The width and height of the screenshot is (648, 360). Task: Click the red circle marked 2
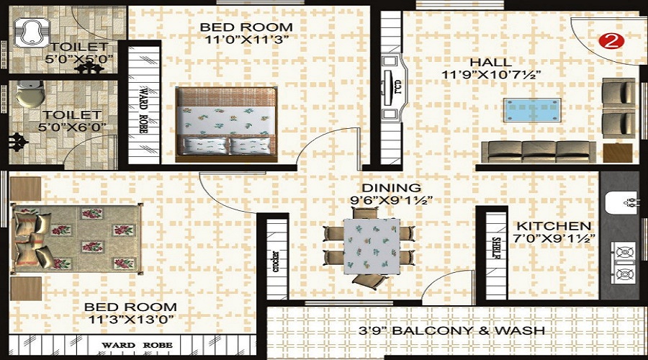click(x=611, y=40)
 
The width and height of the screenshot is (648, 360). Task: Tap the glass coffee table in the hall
click(x=532, y=110)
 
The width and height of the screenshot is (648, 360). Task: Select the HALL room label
click(x=491, y=63)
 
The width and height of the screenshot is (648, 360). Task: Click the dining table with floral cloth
click(x=372, y=246)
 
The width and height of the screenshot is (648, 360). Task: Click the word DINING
click(x=392, y=188)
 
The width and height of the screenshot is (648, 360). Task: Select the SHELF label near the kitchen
click(x=496, y=248)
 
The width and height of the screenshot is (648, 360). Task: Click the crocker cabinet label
click(x=276, y=261)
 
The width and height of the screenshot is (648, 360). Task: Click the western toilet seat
click(x=30, y=94)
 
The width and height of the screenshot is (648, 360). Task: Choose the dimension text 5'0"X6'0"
click(x=72, y=127)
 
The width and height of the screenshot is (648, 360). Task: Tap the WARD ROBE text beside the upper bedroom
click(x=143, y=109)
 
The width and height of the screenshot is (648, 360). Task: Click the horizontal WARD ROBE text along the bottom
click(x=138, y=345)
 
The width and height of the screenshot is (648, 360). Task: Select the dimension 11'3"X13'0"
click(x=131, y=320)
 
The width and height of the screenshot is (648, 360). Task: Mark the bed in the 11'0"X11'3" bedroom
click(x=227, y=125)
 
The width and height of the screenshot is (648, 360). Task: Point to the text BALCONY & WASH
click(x=468, y=330)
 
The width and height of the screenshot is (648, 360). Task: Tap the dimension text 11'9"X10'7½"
click(x=491, y=75)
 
